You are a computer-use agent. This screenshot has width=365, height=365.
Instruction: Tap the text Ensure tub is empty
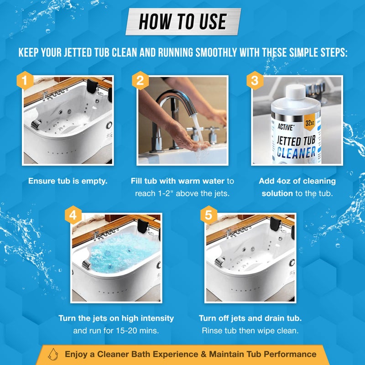(x=68, y=181)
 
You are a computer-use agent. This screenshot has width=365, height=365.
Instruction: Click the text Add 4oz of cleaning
(x=297, y=181)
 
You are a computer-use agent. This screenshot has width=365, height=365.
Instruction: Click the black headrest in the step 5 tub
(x=275, y=224)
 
